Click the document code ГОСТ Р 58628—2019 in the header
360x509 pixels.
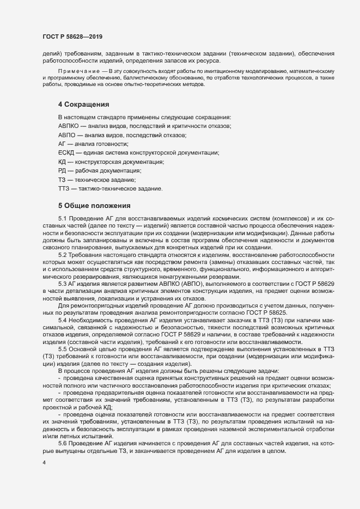point(72,36)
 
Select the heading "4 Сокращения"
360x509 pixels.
point(84,104)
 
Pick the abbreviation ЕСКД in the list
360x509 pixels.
point(65,153)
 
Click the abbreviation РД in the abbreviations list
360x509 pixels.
point(62,171)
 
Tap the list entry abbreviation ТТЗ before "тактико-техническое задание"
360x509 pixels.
point(64,188)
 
